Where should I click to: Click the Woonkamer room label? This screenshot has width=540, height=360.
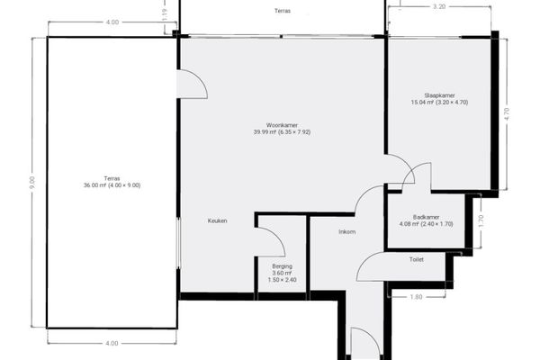pos(282,125)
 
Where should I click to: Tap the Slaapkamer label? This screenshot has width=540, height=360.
pos(439,95)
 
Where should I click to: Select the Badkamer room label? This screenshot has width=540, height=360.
pos(426,218)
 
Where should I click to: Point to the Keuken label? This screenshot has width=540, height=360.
pos(217,220)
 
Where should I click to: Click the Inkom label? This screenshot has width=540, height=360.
pos(346,232)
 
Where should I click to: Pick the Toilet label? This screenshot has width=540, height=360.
pos(416,259)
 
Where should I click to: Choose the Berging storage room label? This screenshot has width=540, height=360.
pos(282,266)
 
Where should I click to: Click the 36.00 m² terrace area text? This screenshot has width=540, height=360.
pos(112,185)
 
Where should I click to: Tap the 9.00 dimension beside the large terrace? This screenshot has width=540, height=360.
pos(32,183)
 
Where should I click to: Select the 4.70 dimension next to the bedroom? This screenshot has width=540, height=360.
pos(506,114)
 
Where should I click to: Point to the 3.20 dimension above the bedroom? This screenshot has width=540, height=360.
pos(439,6)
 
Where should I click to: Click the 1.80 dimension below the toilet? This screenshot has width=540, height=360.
pos(416,297)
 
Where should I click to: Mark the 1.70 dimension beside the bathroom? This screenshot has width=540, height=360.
pos(481,220)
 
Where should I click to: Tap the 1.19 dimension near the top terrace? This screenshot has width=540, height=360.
pos(165,14)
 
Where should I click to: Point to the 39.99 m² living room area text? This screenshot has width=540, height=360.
pos(282,132)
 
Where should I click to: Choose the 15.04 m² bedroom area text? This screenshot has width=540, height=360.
pos(439,103)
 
